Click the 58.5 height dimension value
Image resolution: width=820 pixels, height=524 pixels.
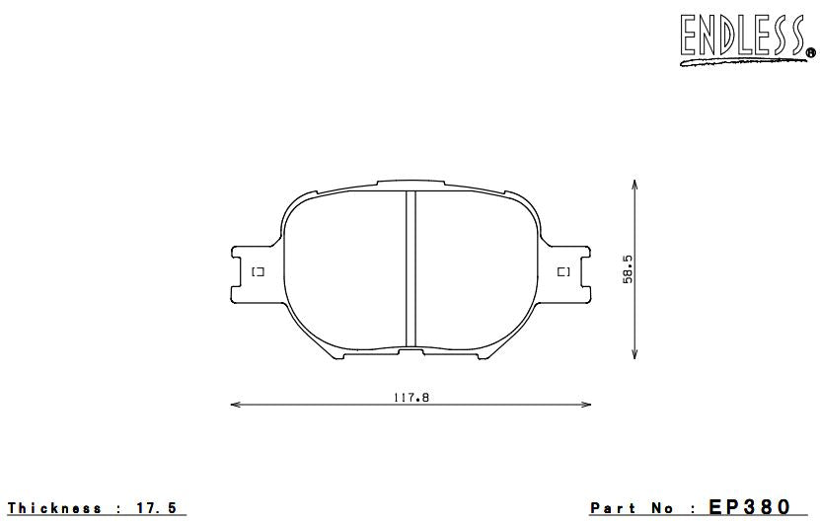click(628, 268)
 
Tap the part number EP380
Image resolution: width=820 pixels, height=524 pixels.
click(750, 507)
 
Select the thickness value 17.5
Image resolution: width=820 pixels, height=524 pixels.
click(158, 508)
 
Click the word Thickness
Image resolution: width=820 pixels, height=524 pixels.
click(55, 508)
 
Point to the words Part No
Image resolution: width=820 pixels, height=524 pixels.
click(633, 508)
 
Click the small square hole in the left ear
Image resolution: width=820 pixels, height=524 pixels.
click(257, 271)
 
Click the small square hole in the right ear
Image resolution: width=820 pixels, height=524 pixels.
click(563, 271)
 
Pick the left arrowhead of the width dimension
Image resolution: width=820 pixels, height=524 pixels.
click(234, 404)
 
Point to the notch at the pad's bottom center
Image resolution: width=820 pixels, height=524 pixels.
click(410, 350)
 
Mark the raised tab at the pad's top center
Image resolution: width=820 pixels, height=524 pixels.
click(410, 184)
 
